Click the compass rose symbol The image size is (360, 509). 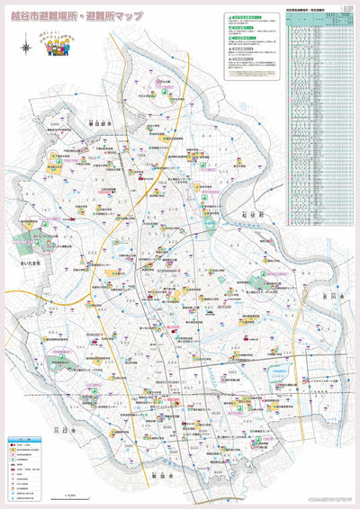[x=24, y=46]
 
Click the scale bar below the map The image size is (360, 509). [x=69, y=495]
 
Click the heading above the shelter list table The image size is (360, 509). [x=310, y=9]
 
